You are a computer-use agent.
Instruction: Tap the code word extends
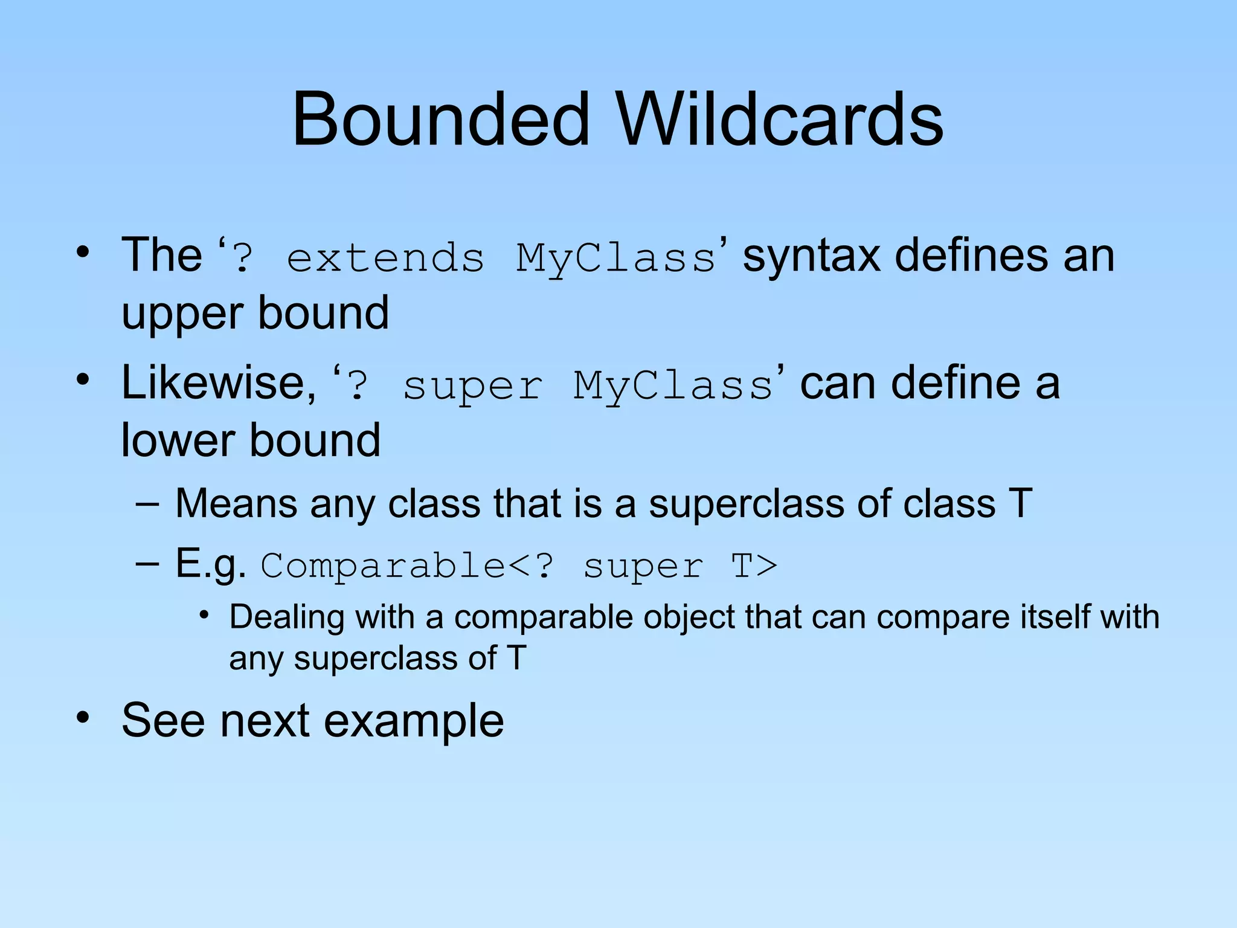[x=385, y=258]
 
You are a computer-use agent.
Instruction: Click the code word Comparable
[x=383, y=567]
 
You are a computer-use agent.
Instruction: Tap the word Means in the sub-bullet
[x=236, y=503]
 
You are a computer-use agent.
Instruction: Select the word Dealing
[x=286, y=617]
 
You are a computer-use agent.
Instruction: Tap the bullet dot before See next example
[x=83, y=718]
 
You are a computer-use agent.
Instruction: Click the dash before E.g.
[x=147, y=564]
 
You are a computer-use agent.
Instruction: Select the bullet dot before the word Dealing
[x=205, y=616]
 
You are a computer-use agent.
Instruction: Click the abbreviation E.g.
[x=210, y=565]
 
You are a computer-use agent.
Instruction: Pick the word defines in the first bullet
[x=971, y=256]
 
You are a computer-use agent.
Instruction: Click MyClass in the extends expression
[x=616, y=259]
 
